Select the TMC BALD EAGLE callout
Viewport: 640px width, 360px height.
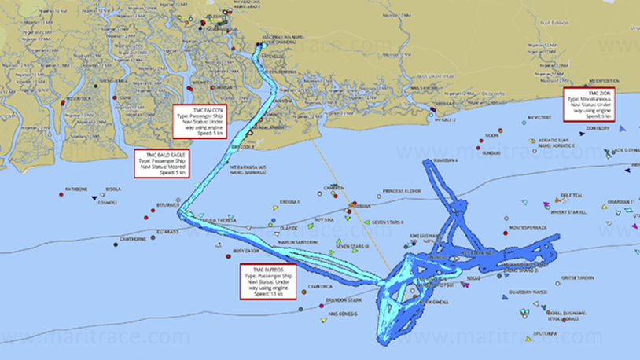click(x=160, y=163)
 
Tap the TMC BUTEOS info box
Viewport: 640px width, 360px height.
click(x=268, y=281)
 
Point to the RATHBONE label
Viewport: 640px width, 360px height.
click(x=76, y=189)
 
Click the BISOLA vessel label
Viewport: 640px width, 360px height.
click(x=113, y=189)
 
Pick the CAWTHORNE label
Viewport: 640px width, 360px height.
click(x=132, y=239)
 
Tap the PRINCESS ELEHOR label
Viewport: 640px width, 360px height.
click(x=402, y=191)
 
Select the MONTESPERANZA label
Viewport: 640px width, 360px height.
click(x=534, y=228)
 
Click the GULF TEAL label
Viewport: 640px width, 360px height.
click(x=572, y=195)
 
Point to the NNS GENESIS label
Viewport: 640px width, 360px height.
click(x=342, y=314)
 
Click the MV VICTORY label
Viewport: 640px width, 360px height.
click(x=539, y=118)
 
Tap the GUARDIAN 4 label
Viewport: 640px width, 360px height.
click(x=446, y=160)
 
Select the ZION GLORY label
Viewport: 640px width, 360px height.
click(x=598, y=128)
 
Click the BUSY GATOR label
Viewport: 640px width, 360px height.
click(x=246, y=251)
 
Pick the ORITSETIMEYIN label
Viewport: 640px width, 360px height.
click(x=578, y=277)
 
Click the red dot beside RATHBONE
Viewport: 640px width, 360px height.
click(x=61, y=193)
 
